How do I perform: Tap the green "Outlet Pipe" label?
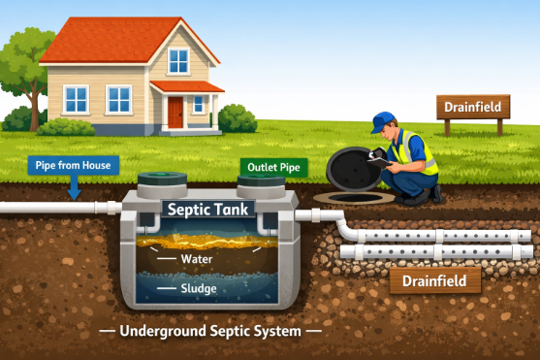273,168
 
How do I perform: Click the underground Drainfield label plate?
436,281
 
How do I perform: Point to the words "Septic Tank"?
205,209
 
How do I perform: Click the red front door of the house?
175,113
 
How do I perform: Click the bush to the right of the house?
237,119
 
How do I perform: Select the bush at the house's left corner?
66,126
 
